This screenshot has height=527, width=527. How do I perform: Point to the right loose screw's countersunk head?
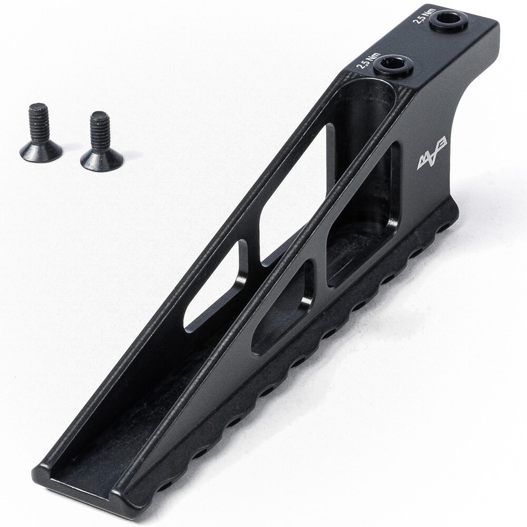102,158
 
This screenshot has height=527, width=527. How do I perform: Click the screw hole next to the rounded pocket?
393,65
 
